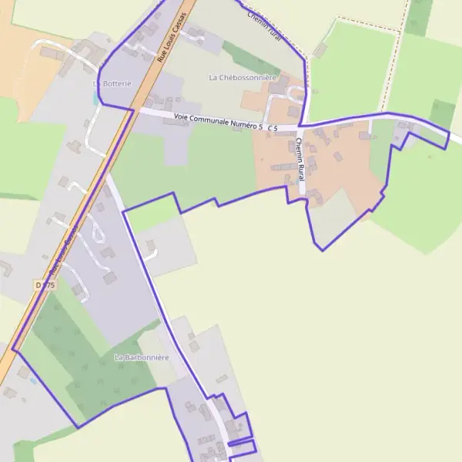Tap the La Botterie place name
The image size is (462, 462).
pos(112,83)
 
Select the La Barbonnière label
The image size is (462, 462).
pos(141,358)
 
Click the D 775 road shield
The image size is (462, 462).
pos(46,285)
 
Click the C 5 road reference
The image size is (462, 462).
pos(273,126)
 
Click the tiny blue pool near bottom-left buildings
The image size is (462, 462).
pos(32,380)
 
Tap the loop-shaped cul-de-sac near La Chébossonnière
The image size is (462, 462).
pos(293,95)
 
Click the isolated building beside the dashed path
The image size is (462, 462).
pos(320,50)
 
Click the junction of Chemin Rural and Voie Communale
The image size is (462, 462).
pos(300,127)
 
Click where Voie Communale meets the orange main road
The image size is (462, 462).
pos(132,109)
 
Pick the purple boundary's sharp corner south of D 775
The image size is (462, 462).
pos(14,350)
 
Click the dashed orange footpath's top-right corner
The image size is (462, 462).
pos(402,30)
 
